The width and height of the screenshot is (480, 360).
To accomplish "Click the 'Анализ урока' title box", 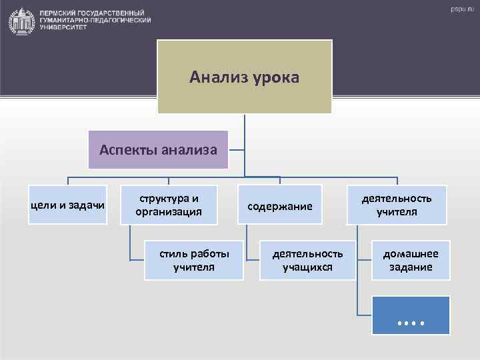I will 244,77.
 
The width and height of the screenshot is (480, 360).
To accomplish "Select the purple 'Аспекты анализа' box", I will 159,149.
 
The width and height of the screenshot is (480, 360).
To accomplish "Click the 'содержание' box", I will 280,206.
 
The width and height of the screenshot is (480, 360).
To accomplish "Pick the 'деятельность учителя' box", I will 397,205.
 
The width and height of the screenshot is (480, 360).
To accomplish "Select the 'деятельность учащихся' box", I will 307,260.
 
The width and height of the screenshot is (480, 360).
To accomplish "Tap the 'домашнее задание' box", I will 411,260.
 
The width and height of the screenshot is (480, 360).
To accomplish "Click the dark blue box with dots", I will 411,315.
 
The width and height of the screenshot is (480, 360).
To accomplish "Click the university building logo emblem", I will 22,21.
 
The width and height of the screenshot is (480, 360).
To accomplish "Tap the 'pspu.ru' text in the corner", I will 459,9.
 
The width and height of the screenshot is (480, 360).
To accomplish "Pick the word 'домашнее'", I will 411,254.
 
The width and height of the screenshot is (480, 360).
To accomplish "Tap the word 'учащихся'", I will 307,267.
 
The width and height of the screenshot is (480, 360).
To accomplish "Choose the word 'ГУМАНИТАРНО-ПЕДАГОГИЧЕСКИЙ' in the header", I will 95,21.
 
